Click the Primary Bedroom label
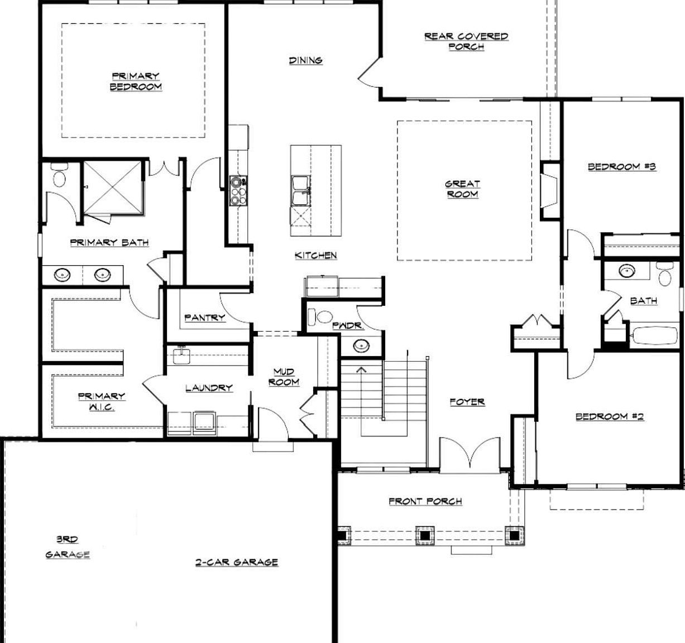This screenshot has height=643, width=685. tap(136, 81)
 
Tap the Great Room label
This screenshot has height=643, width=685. tap(462, 189)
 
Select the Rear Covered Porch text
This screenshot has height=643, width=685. tap(466, 41)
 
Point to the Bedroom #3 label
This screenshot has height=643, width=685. tap(621, 166)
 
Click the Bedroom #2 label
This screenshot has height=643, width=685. tap(610, 416)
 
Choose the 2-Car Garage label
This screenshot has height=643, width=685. tap(236, 562)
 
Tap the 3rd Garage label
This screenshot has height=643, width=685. tap(68, 547)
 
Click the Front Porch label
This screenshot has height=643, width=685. tap(425, 501)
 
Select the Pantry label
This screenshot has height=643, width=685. tap(205, 318)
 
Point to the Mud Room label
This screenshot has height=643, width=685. tap(284, 377)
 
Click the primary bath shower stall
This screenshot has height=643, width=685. tap(113, 187)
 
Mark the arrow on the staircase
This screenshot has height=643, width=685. tap(361, 370)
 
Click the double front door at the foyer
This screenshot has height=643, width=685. tap(469, 453)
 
